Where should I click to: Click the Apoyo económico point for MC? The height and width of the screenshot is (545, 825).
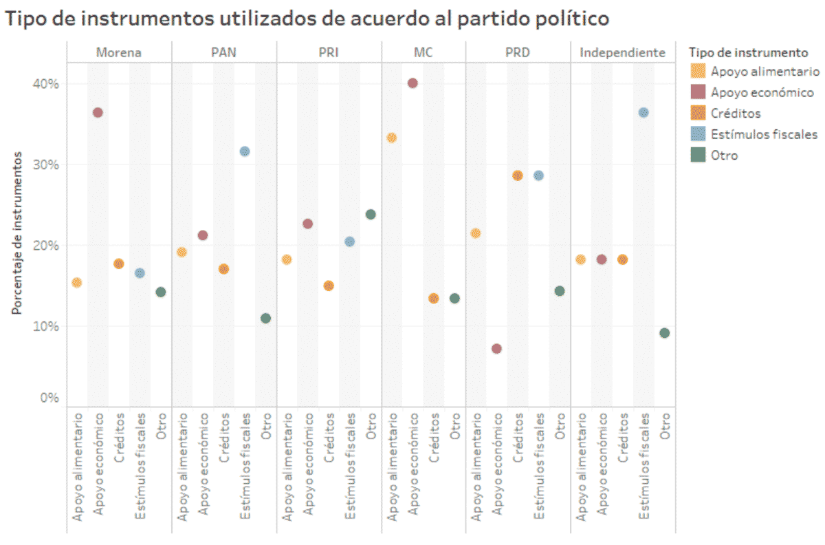[412, 83]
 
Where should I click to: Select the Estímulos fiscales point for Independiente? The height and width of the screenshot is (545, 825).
[643, 113]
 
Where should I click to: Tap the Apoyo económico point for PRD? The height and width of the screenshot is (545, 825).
[496, 349]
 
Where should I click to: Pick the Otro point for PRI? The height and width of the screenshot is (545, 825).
[371, 215]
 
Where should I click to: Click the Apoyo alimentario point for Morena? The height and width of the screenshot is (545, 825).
[77, 283]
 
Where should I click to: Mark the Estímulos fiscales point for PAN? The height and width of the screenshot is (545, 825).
[245, 151]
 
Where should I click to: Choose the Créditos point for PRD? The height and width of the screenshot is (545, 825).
[518, 175]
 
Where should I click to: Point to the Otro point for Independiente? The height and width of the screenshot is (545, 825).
[664, 333]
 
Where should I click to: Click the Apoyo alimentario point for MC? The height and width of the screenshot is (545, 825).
[392, 138]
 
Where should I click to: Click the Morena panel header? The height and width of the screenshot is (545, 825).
[119, 52]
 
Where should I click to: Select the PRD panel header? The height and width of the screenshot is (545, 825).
[518, 52]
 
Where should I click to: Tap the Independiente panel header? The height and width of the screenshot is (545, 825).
[622, 52]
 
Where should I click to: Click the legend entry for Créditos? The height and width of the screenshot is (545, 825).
[736, 114]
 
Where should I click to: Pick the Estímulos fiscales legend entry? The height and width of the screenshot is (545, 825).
[764, 134]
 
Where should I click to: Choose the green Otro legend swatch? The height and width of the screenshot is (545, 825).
[697, 156]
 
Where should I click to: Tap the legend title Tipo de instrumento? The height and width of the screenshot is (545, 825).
[747, 52]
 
